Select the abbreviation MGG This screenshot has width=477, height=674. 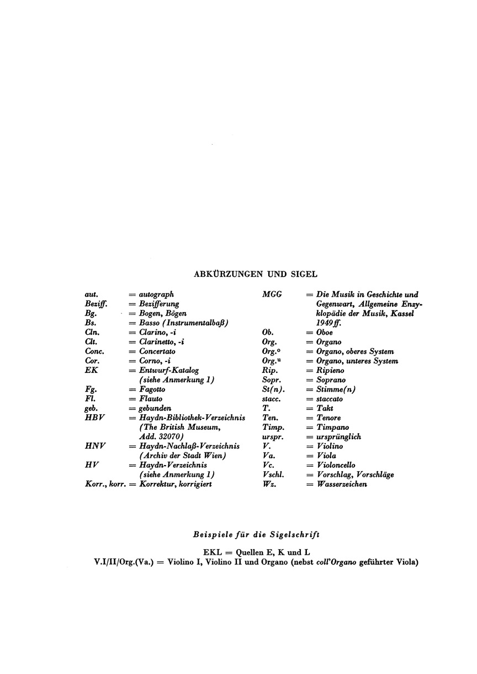[272, 294]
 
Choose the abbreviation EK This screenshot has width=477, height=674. [91, 370]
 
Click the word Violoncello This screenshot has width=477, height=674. [335, 465]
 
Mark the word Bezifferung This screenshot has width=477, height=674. [158, 303]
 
